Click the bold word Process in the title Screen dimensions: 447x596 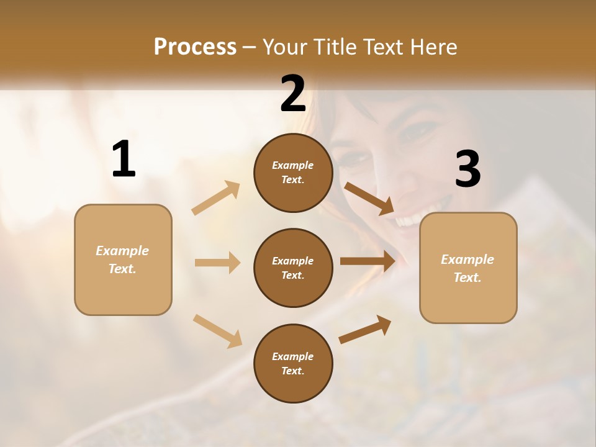pos(195,47)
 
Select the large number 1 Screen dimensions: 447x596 pos(124,160)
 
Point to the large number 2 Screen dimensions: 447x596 pos(293,94)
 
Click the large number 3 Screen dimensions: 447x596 pos(467,169)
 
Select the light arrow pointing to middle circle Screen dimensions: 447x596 pos(217,263)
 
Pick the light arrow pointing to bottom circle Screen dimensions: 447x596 pos(217,330)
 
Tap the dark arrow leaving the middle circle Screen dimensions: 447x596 pos(368,261)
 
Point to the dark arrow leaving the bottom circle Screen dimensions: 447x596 pos(365,330)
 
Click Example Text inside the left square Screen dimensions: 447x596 pos(122,260)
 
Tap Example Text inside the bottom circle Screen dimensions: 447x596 pos(293,364)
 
